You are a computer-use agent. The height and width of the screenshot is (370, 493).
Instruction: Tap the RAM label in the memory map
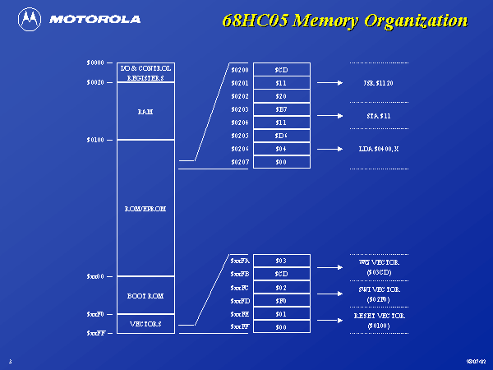(145, 111)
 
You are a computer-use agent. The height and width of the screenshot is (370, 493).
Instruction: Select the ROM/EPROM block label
(145, 209)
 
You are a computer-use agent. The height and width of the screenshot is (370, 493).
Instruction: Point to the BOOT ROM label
(145, 294)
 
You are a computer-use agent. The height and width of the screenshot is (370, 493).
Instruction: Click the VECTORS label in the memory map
(145, 324)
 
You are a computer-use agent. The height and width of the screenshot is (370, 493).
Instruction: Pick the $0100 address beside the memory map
(95, 140)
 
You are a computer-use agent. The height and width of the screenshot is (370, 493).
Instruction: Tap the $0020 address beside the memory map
(95, 82)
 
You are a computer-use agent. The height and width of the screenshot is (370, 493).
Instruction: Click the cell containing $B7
(281, 109)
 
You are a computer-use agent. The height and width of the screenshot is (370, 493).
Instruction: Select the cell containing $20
(281, 96)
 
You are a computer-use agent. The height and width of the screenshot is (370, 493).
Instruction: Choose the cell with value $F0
(281, 301)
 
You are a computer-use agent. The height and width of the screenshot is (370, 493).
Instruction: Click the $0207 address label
(239, 162)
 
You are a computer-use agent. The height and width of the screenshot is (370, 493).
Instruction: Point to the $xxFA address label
(239, 261)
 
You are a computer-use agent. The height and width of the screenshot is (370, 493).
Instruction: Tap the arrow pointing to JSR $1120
(329, 83)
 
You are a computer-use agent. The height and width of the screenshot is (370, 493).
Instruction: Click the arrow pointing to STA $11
(329, 116)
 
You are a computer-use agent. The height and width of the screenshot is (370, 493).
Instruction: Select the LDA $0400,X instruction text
(379, 149)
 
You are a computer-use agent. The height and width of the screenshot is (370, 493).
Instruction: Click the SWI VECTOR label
(379, 289)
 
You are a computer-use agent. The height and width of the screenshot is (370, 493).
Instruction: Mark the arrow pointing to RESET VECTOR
(329, 321)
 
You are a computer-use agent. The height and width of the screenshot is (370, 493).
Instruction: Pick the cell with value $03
(281, 261)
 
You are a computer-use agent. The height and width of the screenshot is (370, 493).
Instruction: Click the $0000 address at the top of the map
(95, 62)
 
